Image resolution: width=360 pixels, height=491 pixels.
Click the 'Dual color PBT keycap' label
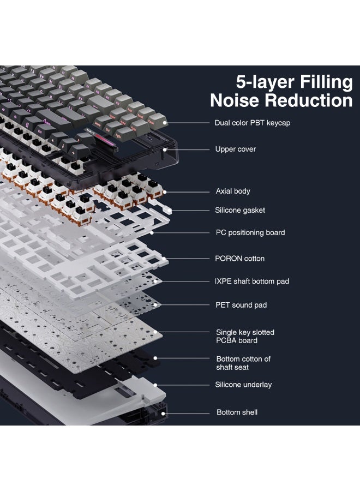click(x=253, y=123)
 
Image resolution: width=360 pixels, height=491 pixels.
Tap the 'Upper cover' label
click(x=236, y=149)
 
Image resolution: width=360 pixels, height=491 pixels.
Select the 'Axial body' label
click(x=233, y=191)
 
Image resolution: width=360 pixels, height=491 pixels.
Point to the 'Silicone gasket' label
click(x=240, y=210)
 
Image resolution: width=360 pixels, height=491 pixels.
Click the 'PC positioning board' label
click(x=250, y=232)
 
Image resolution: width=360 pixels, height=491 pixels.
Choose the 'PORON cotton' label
click(x=240, y=259)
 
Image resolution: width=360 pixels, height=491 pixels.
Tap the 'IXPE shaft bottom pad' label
click(x=251, y=281)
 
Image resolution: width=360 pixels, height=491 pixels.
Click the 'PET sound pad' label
click(x=241, y=305)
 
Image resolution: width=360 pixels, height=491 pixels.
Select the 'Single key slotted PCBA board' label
click(x=245, y=336)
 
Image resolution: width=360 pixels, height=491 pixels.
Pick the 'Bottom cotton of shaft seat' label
click(x=243, y=363)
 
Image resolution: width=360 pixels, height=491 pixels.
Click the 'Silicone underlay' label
click(x=243, y=385)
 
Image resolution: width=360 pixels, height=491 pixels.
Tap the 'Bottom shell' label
click(x=237, y=412)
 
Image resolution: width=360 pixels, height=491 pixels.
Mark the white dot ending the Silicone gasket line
click(x=171, y=211)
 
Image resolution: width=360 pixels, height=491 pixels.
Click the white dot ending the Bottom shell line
click(x=163, y=414)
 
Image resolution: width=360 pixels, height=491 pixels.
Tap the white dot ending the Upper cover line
click(x=165, y=149)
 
